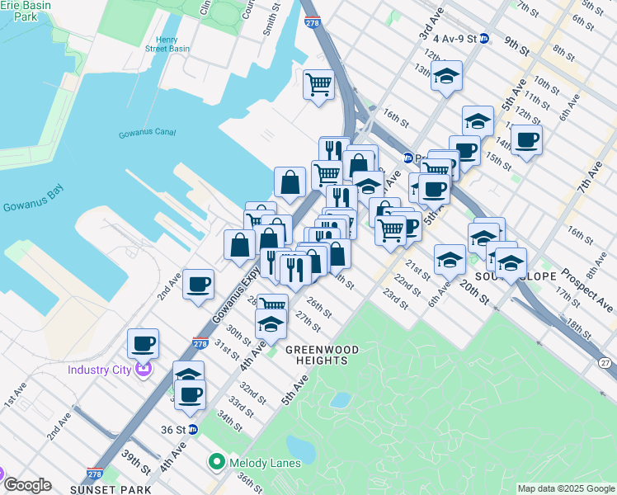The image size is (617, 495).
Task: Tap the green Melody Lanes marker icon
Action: (217, 462)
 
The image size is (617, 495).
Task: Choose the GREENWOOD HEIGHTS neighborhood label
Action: (323, 355)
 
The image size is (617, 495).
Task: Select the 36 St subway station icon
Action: (193, 429)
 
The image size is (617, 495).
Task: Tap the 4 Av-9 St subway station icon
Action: (485, 38)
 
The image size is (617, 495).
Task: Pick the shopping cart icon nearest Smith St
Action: (318, 83)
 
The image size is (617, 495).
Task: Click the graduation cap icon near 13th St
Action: (446, 76)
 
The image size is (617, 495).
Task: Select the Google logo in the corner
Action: (28, 485)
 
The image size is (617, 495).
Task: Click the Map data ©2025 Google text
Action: (566, 488)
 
